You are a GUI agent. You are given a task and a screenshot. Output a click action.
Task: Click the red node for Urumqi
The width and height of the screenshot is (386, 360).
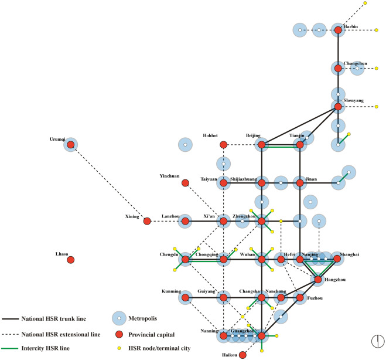tap(71, 145)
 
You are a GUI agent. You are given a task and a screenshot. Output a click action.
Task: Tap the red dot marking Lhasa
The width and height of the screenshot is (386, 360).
tap(71, 260)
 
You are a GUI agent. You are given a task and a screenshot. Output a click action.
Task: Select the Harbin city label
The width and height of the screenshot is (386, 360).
tap(351, 26)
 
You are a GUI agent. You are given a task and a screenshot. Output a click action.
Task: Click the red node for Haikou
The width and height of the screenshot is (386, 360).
tap(242, 355)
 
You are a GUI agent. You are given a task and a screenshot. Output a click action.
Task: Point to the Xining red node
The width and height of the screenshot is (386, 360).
tap(147, 221)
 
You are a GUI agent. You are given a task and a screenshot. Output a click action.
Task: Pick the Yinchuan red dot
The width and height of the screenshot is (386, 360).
tap(185, 183)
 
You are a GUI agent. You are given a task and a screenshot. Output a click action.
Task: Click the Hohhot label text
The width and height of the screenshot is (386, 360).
tap(210, 135)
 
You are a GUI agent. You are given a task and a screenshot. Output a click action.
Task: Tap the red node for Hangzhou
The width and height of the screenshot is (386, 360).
tap(318, 280)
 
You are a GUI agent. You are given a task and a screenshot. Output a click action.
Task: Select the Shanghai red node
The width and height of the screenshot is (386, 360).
tap(337, 259)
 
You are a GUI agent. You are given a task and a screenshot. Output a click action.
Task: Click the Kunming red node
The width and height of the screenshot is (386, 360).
tap(185, 298)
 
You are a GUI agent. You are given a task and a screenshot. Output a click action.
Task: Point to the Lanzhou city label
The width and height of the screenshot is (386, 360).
tap(170, 216)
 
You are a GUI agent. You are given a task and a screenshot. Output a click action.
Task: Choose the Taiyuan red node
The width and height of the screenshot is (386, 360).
tap(223, 183)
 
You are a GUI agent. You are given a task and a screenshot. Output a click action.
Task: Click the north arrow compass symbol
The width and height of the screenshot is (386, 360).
tap(378, 341)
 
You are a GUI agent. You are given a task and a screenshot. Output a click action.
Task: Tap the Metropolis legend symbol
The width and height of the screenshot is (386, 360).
tap(119, 318)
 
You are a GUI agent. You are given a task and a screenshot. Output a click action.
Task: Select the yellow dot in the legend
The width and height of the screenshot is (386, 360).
tap(119, 348)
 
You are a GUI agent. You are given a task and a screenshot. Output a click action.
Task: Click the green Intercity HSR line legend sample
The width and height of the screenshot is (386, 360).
tap(10, 348)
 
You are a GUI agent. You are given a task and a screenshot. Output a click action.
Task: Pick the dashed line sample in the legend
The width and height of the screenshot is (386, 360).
tap(10, 334)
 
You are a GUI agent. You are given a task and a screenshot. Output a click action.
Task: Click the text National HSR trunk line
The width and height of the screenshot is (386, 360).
tap(54, 318)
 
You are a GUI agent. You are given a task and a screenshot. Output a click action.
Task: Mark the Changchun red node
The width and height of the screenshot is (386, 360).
tap(338, 68)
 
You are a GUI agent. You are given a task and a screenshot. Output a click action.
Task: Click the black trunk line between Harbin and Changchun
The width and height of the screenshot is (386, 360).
tap(338, 49)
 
